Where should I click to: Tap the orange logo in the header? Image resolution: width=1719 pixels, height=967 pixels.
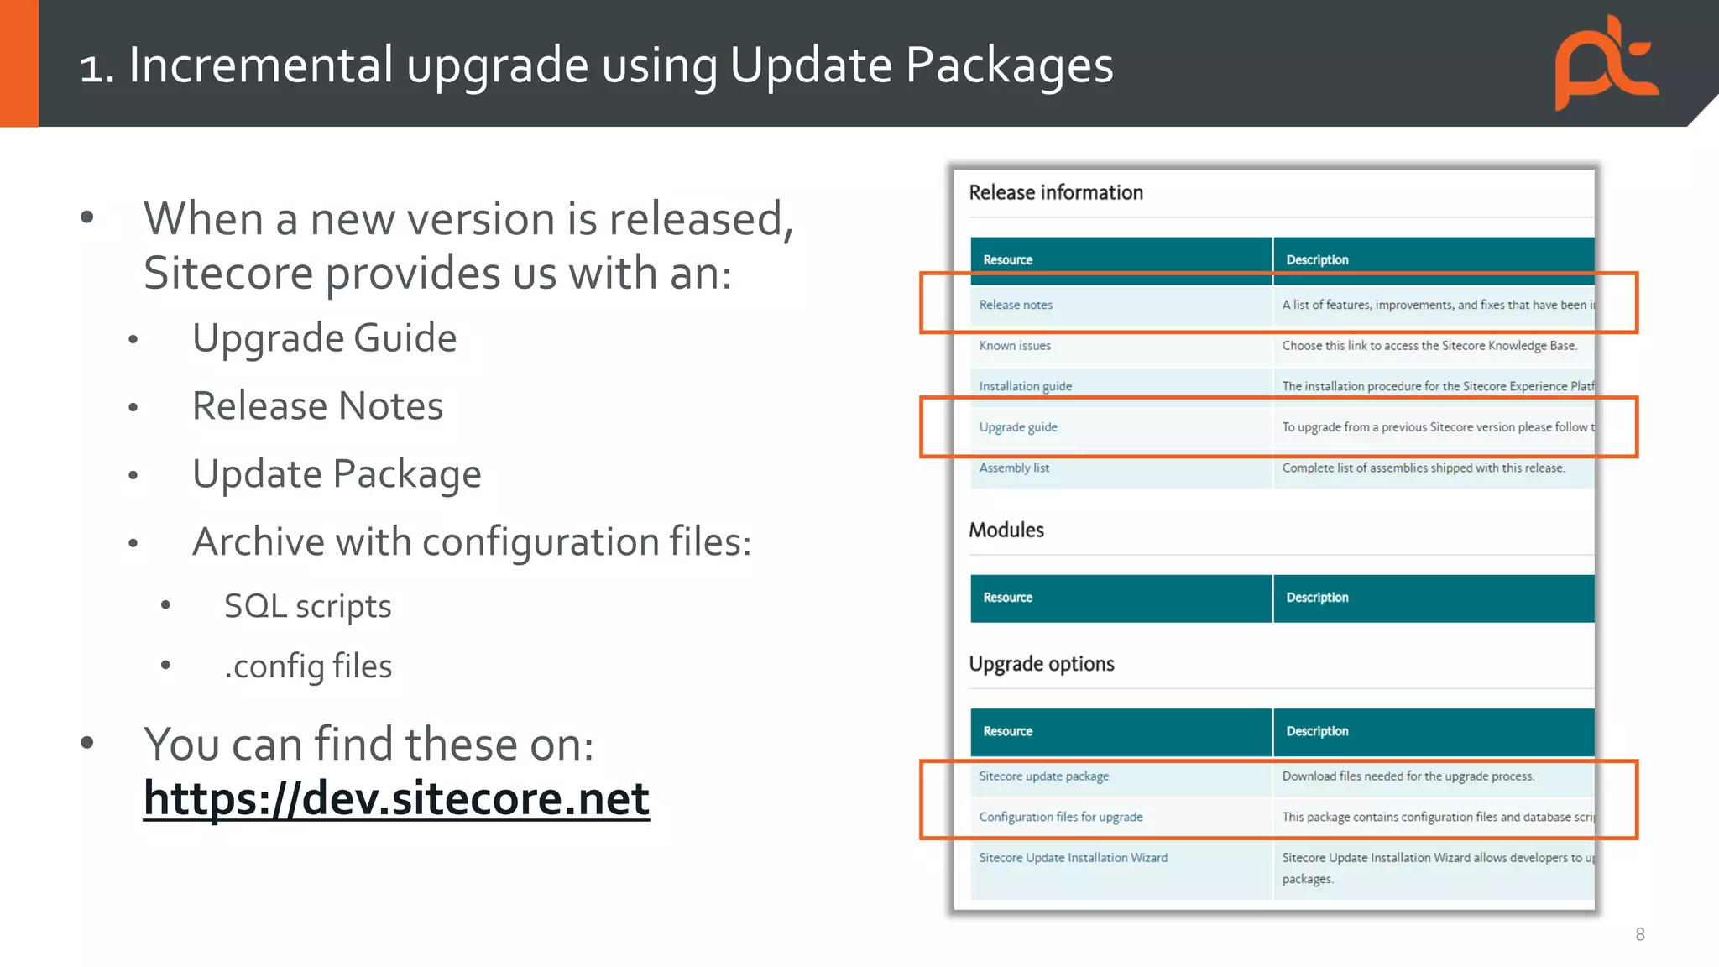pos(1606,64)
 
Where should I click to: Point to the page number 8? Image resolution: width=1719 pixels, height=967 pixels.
pos(1639,934)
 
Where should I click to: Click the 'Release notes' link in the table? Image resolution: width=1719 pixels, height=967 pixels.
pos(1016,305)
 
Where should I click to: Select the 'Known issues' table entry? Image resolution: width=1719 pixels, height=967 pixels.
pos(1015,346)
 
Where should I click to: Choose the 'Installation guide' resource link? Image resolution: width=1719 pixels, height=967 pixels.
pos(1025,386)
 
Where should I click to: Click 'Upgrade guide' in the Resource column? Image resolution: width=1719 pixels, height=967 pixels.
pos(1018,427)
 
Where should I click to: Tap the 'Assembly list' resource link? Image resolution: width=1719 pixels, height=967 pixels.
pos(1014,468)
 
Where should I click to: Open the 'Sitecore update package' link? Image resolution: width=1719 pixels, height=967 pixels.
pos(1043,776)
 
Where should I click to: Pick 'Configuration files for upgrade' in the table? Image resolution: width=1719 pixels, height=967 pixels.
pos(1060,817)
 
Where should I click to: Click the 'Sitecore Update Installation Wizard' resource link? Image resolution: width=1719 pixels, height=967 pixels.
pos(1073,858)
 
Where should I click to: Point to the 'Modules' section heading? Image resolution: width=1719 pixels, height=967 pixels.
pos(1006,530)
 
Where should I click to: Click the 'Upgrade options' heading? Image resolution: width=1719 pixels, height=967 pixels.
pos(1042,664)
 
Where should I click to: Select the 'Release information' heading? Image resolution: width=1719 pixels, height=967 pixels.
pos(1056,192)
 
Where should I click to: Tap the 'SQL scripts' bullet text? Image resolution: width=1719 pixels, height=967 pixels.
pos(307,606)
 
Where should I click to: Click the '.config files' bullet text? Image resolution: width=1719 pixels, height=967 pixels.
pos(308,666)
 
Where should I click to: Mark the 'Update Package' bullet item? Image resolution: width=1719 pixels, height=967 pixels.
pos(337,474)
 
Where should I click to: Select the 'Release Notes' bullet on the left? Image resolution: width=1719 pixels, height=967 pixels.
pos(317,406)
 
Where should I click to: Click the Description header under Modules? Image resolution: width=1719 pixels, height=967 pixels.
pos(1317,598)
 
